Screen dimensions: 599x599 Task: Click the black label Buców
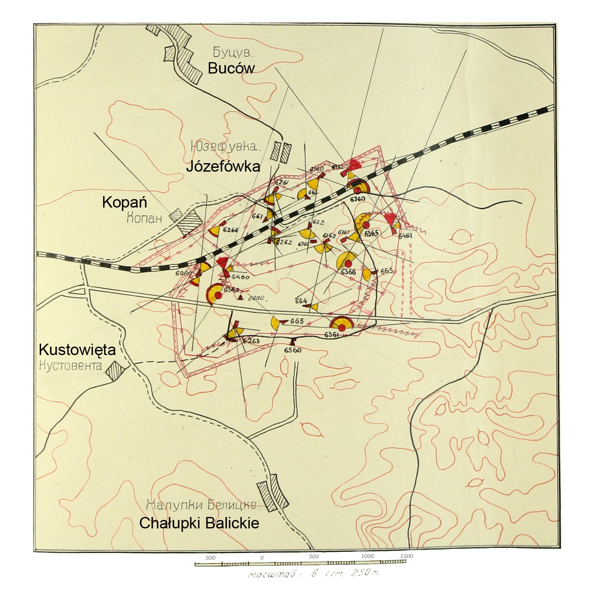coord(231,68)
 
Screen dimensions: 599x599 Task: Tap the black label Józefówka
coord(223,166)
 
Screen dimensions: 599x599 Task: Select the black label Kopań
coord(124,202)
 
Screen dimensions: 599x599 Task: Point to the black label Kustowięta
coord(77,350)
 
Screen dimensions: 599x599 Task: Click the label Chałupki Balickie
coord(199,523)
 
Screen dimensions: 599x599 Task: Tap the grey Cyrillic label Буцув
coord(233,53)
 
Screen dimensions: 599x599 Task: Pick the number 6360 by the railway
coord(357,199)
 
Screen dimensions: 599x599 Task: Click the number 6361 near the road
coord(332,335)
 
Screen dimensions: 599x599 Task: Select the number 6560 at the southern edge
coord(293,350)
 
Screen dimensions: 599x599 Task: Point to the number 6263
coord(251,341)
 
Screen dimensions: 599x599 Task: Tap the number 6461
coord(405,235)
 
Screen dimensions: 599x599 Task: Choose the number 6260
coord(231,230)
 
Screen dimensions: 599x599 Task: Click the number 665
coord(297,321)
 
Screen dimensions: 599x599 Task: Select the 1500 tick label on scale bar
coord(406,556)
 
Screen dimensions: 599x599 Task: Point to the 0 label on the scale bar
coord(262,558)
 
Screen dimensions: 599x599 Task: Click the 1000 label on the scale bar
coord(367,556)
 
